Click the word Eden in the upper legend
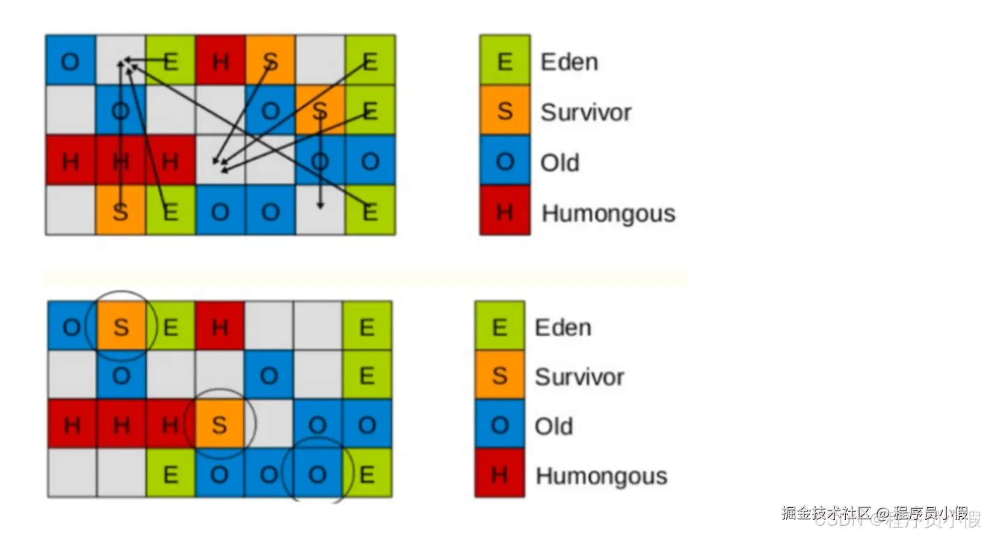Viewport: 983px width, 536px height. pos(569,62)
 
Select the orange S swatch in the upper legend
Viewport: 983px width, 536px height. pos(505,111)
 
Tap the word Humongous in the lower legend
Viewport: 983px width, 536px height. pos(602,476)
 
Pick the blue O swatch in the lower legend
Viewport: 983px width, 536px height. pos(499,426)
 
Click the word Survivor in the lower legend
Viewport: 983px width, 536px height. pos(579,377)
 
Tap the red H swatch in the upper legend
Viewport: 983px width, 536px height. pos(505,211)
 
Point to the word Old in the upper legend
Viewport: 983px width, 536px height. pos(559,162)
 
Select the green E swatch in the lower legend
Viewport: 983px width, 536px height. pos(499,327)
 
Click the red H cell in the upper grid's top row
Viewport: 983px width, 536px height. pos(220,61)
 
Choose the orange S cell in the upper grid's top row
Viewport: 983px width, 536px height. pos(270,61)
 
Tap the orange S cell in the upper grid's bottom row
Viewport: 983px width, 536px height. pos(120,211)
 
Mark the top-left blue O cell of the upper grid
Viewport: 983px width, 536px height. pos(70,61)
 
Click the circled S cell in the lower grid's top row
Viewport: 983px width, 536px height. pos(122,327)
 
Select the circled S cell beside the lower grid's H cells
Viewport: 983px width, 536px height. pos(220,425)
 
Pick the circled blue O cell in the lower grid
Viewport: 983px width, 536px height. pos(318,474)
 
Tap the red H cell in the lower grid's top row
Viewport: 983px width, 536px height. pos(220,327)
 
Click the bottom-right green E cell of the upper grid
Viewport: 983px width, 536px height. pos(370,211)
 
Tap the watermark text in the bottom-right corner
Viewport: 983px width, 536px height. pos(878,514)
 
